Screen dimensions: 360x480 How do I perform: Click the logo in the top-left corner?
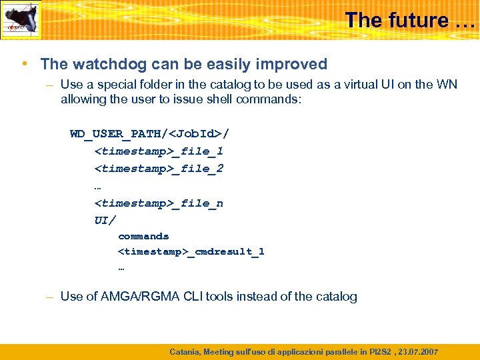point(20,19)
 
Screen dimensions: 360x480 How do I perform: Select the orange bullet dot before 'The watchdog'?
point(23,64)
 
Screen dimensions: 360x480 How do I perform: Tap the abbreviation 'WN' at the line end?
point(447,85)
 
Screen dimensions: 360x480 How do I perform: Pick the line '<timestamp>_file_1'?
point(159,151)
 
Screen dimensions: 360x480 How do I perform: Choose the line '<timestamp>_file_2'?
point(159,169)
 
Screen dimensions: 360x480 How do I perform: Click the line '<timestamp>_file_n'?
point(159,203)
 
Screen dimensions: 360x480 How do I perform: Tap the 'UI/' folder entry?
point(105,220)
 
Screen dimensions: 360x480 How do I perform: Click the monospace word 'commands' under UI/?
point(143,236)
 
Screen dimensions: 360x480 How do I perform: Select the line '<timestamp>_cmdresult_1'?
point(191,251)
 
